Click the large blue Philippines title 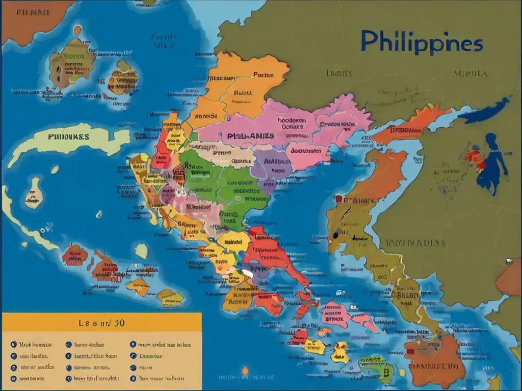point(421,42)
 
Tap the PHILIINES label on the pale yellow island point(68,136)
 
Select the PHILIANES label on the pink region point(250,136)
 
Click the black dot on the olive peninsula point(334,236)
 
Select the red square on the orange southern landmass point(410,352)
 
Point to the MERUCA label point(470,74)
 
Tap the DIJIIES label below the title point(339,73)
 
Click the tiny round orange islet point(77,30)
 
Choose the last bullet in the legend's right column point(133,378)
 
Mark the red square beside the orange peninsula point(338,199)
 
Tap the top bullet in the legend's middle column point(68,344)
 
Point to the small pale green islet point(141,250)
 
